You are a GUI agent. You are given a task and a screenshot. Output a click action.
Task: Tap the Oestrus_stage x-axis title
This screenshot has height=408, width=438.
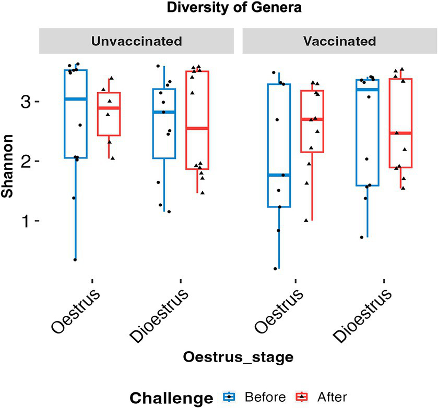(x=237, y=357)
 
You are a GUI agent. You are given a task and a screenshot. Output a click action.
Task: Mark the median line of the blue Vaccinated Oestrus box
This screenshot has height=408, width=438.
(x=278, y=175)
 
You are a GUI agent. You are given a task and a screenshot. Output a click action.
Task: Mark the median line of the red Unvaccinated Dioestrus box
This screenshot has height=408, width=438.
(x=197, y=128)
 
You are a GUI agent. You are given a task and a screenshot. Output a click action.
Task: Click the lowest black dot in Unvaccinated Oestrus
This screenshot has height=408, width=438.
(x=75, y=259)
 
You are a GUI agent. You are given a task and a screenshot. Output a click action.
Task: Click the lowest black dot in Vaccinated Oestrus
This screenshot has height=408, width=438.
(x=275, y=269)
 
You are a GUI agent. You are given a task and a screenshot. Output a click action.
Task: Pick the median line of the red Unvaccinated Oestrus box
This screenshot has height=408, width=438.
(x=109, y=108)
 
